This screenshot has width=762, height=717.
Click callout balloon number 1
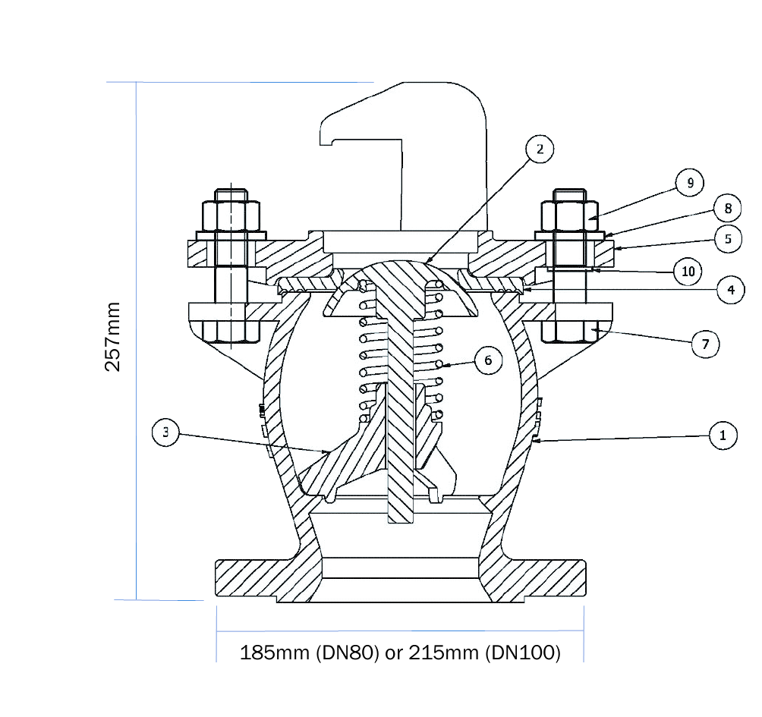click(723, 436)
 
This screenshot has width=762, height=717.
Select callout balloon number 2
click(539, 149)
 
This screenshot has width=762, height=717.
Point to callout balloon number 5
click(727, 238)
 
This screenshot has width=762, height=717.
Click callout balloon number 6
click(489, 360)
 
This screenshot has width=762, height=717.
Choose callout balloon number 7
click(705, 344)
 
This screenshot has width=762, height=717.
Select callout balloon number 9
click(690, 183)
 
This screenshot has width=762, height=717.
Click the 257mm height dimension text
click(114, 338)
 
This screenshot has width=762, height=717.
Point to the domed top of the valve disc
click(400, 269)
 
